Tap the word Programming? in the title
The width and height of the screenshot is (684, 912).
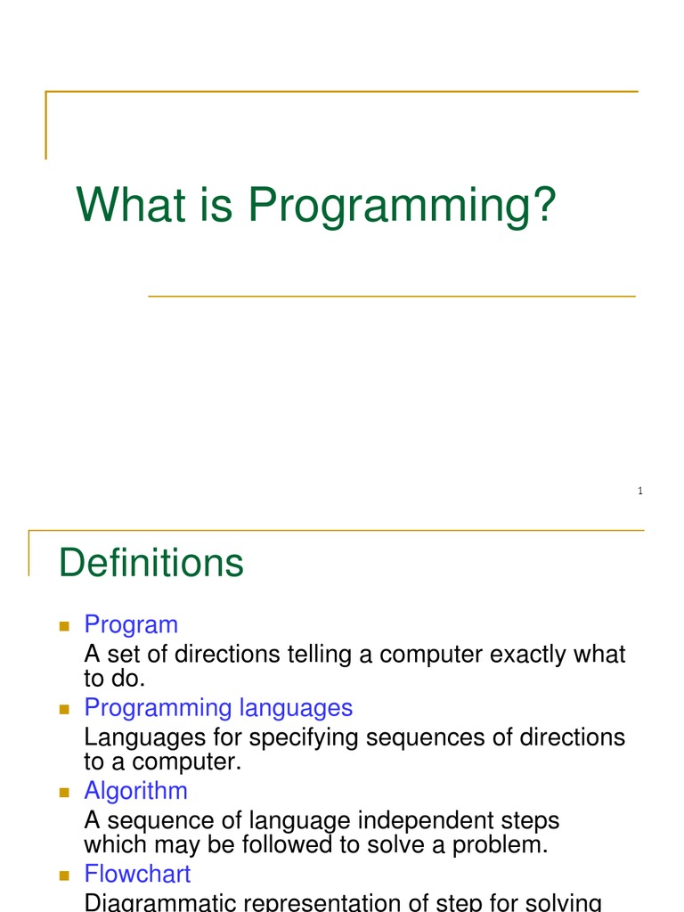click(x=402, y=207)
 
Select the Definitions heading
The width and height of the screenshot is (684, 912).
click(x=151, y=563)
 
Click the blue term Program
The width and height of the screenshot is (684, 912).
click(x=131, y=625)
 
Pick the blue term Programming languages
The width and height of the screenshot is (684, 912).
click(x=218, y=708)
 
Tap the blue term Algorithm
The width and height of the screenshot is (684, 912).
click(x=135, y=791)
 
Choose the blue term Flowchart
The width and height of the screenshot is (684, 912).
click(x=137, y=874)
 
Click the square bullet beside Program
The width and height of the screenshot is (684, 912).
click(x=64, y=626)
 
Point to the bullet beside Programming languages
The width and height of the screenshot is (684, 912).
click(x=64, y=709)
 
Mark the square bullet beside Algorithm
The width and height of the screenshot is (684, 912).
click(x=64, y=792)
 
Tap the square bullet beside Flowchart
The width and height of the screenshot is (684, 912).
click(x=64, y=875)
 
